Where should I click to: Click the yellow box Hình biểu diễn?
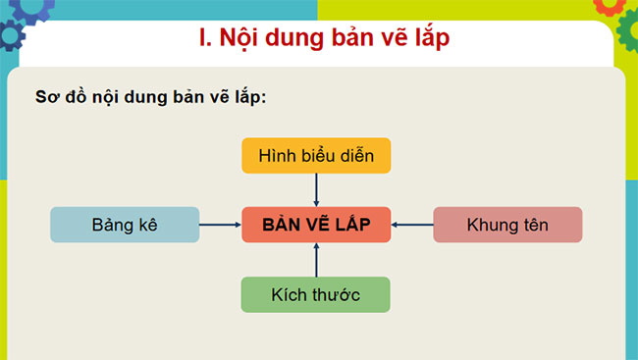316,156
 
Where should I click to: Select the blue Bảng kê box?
125,225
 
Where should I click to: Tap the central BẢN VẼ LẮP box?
316,225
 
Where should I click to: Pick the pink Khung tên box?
507,225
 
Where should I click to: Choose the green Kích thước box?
316,294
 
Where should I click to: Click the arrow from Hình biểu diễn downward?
316,189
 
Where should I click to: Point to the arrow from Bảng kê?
220,225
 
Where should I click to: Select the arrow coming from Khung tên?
412,225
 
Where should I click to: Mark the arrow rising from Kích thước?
316,260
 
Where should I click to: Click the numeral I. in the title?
205,39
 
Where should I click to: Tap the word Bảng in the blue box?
111,225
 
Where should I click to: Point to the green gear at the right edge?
628,34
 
